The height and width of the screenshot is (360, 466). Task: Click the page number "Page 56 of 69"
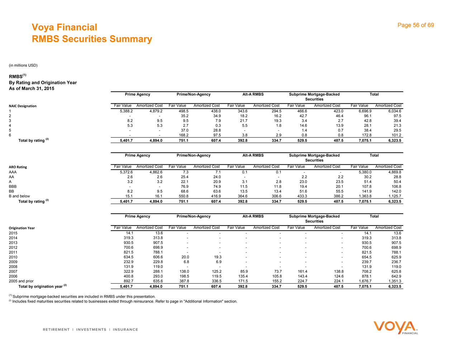(x=415, y=25)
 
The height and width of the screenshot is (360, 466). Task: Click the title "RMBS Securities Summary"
(x=92, y=39)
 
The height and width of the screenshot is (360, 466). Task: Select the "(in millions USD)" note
(x=23, y=65)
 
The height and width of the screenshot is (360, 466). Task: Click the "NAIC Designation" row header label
(x=23, y=106)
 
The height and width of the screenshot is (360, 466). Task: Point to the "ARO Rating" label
(x=18, y=167)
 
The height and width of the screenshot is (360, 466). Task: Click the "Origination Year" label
(x=22, y=228)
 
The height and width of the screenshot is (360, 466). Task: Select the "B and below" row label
(x=19, y=196)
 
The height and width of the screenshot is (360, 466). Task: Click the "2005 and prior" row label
(x=21, y=281)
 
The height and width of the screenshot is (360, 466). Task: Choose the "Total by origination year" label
(x=42, y=286)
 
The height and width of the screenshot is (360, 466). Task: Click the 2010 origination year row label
(x=13, y=257)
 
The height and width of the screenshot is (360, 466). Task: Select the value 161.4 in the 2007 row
(x=300, y=271)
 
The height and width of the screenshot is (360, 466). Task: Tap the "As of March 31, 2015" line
(x=32, y=89)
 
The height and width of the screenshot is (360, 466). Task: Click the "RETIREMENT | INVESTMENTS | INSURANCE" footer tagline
(x=90, y=330)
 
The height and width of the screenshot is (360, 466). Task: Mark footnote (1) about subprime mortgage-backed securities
(x=82, y=297)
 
